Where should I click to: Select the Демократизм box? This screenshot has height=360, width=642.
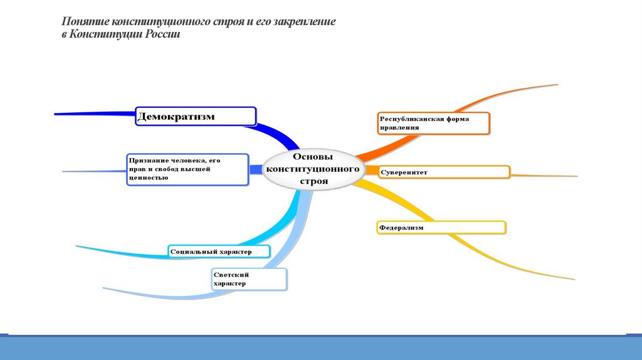point(196,116)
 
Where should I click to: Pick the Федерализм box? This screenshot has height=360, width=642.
point(441,227)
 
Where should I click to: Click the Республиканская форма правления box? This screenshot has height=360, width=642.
point(433,123)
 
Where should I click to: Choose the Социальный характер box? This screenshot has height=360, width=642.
point(219,252)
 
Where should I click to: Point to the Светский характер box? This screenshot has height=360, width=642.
point(249,278)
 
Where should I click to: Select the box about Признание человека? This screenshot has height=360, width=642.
point(187,169)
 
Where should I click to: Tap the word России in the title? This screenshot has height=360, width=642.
point(164,34)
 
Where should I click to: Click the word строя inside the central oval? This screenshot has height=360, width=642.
point(313,181)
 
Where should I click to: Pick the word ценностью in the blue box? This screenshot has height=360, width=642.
point(149,177)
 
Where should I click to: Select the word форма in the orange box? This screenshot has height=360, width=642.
point(456,118)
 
